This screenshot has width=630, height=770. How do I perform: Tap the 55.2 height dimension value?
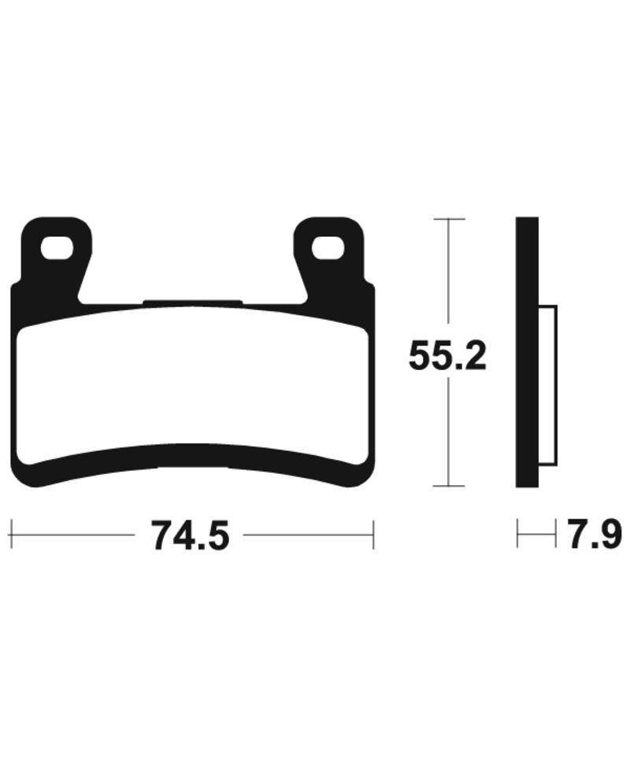[x=447, y=357]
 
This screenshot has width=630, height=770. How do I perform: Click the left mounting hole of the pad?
[x=57, y=248]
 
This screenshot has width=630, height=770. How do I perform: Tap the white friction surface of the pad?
[x=193, y=386]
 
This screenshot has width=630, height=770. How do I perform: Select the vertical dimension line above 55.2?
[x=448, y=276]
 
